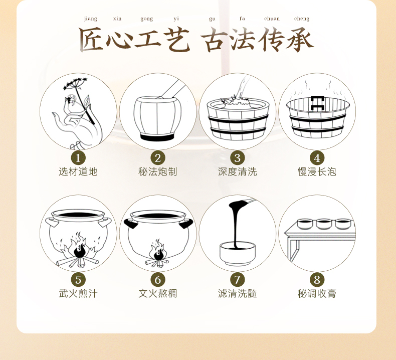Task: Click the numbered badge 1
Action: tap(78, 158)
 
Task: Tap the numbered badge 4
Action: tap(317, 158)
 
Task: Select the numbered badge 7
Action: tap(238, 280)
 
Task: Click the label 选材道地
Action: tap(78, 172)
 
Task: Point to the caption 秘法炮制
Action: tap(157, 172)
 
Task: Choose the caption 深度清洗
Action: tap(238, 172)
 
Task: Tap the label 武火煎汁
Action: tap(78, 293)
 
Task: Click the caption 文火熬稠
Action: tap(157, 293)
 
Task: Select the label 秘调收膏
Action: tap(317, 293)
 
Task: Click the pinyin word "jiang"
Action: tap(91, 19)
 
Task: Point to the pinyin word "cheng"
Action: tap(302, 19)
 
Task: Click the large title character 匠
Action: tap(91, 39)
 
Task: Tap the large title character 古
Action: tap(214, 40)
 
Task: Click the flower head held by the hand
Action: tap(75, 84)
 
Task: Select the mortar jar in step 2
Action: tap(157, 118)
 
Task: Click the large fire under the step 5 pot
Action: tap(79, 248)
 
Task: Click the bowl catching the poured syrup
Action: tap(238, 253)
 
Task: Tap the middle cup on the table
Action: tap(324, 224)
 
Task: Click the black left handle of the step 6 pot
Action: tap(131, 223)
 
